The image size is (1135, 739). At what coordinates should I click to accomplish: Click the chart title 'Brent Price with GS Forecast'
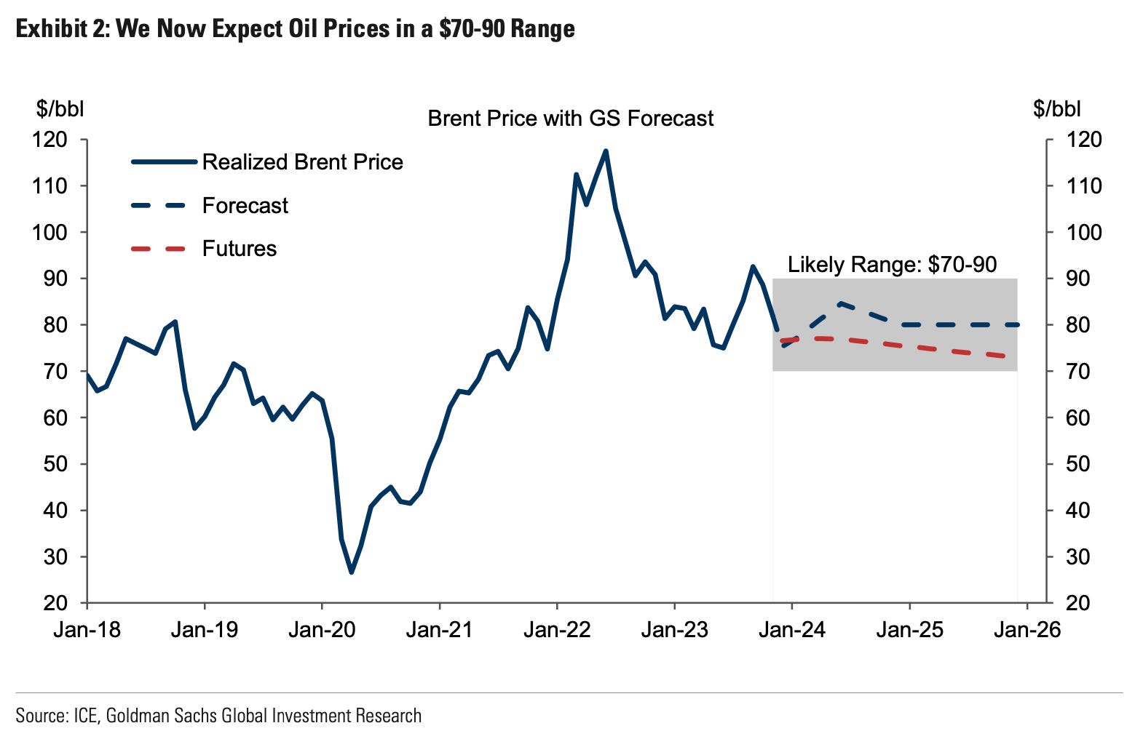(570, 119)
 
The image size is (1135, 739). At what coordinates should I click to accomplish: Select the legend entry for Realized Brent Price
(302, 162)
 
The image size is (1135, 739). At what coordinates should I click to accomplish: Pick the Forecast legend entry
(245, 206)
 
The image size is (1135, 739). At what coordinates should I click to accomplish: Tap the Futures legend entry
(239, 249)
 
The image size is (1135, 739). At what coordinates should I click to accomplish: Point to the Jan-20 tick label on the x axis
(322, 629)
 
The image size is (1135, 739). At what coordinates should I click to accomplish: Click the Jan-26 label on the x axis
(1027, 629)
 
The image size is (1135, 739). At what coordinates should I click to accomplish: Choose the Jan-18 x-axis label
(87, 629)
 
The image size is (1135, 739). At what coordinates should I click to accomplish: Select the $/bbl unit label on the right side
(1056, 109)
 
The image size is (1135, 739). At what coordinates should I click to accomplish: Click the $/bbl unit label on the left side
(60, 109)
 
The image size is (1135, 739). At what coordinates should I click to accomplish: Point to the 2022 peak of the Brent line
(606, 151)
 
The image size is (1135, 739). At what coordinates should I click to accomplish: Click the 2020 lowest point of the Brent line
(352, 572)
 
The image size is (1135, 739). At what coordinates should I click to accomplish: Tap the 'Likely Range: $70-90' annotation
(892, 264)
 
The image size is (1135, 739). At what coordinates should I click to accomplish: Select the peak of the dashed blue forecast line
(840, 303)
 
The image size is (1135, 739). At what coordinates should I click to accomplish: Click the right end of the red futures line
(1005, 356)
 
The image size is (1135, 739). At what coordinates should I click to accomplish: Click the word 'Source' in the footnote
(40, 716)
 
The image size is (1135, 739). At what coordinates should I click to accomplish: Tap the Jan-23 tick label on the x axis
(674, 629)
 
